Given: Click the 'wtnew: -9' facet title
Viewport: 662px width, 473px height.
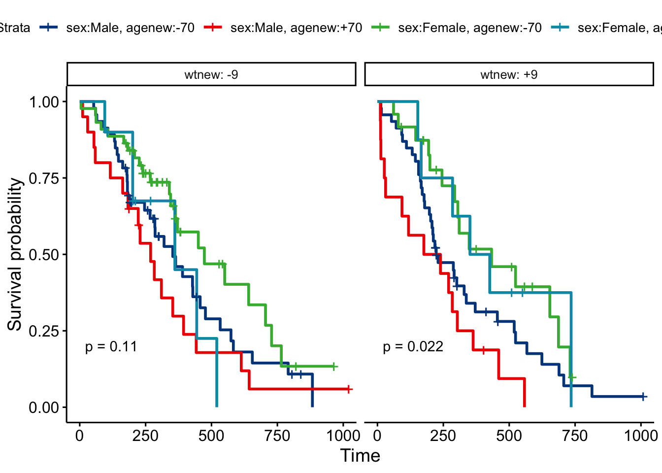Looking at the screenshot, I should (211, 75).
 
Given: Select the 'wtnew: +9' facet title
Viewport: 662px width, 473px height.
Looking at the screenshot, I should (509, 75).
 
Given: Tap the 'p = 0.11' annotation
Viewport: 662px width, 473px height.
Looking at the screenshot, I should (111, 347).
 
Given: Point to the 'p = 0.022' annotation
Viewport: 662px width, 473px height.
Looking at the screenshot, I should (413, 347).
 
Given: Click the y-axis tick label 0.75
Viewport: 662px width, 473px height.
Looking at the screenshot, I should (44, 178).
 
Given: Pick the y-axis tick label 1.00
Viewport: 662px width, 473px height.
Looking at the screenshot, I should (44, 102).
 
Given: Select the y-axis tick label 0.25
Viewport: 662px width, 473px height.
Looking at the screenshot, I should (44, 331).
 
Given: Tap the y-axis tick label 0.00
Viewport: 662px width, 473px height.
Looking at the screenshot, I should (44, 407).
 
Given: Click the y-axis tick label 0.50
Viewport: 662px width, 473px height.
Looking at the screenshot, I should (44, 255).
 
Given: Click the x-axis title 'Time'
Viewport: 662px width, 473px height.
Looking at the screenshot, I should (360, 456).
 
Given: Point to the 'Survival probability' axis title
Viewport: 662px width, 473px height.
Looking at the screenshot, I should (15, 255).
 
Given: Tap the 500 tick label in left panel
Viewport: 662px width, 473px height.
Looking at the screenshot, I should (211, 436).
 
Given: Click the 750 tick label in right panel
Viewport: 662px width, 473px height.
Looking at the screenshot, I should (575, 436).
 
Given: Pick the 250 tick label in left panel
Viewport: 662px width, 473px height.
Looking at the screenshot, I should (145, 436).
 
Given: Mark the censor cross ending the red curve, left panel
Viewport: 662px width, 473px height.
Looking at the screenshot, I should (348, 389).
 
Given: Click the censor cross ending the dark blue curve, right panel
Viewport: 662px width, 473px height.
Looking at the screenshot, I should (643, 397).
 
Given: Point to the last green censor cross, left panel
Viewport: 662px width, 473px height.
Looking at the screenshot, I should (333, 367).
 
